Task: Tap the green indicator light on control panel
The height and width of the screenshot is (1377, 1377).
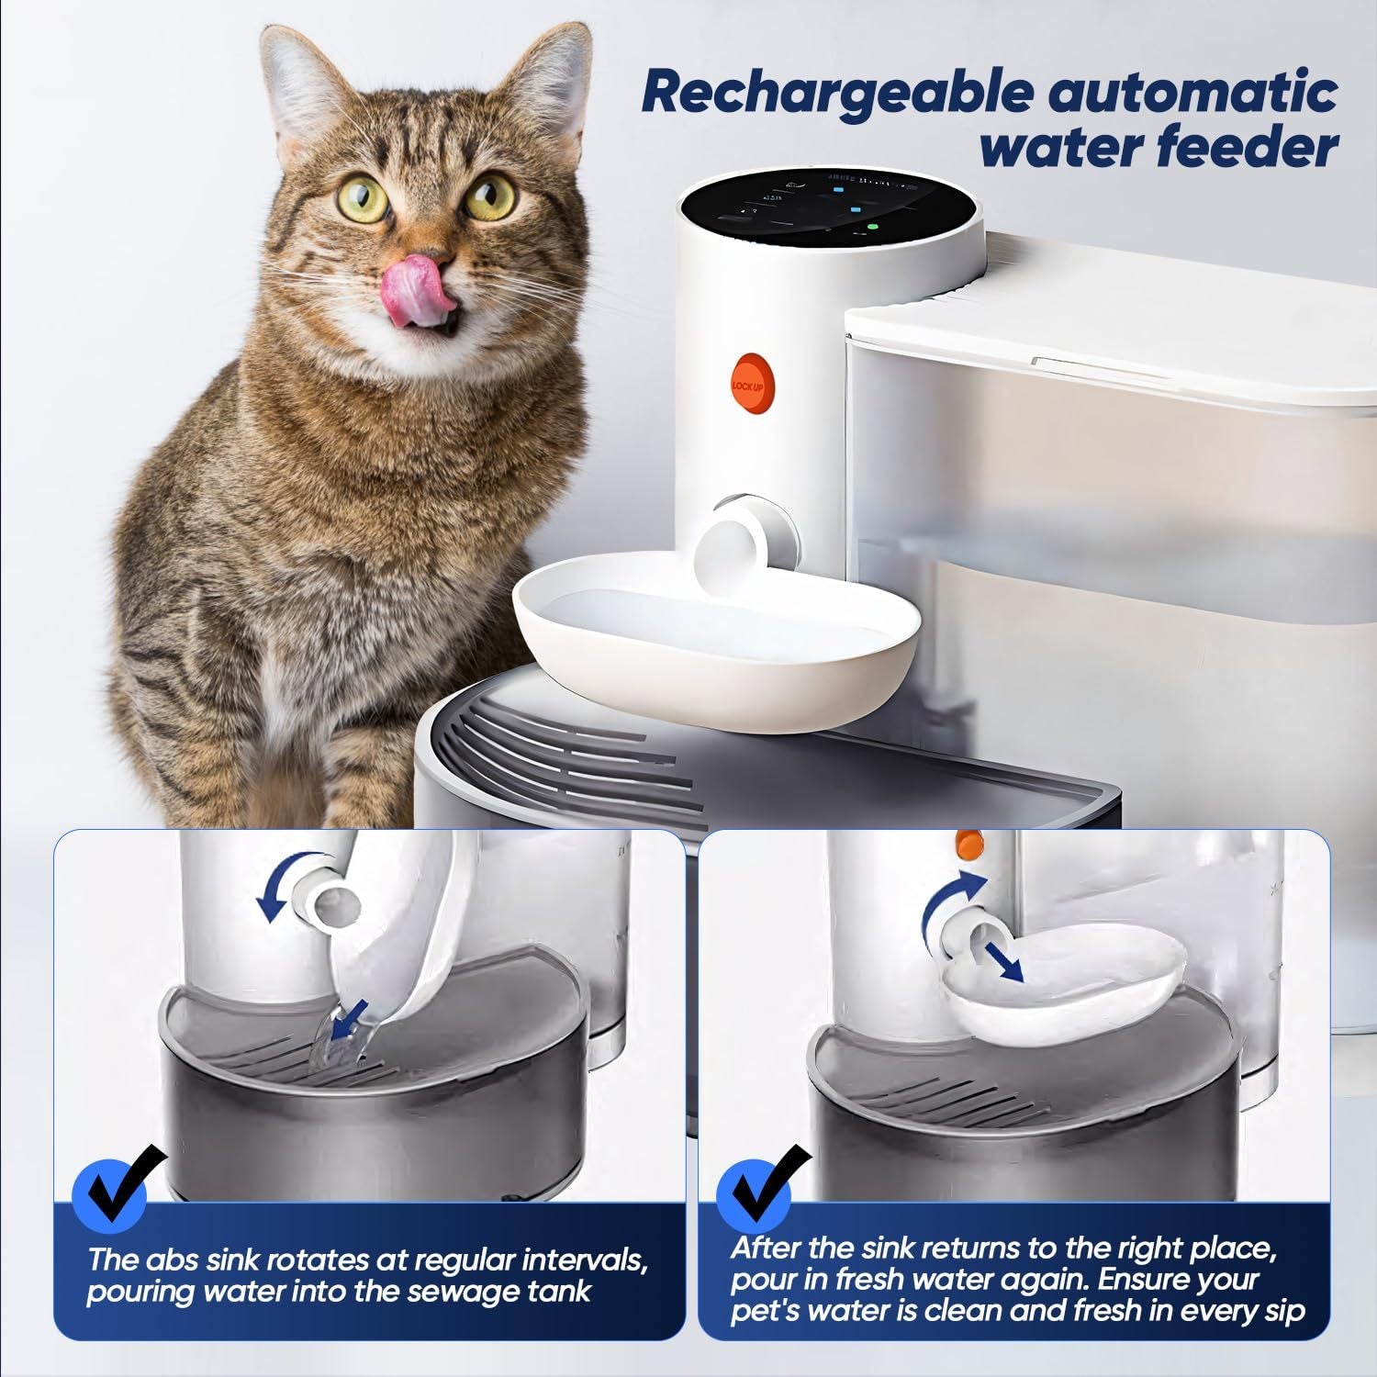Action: tap(872, 224)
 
